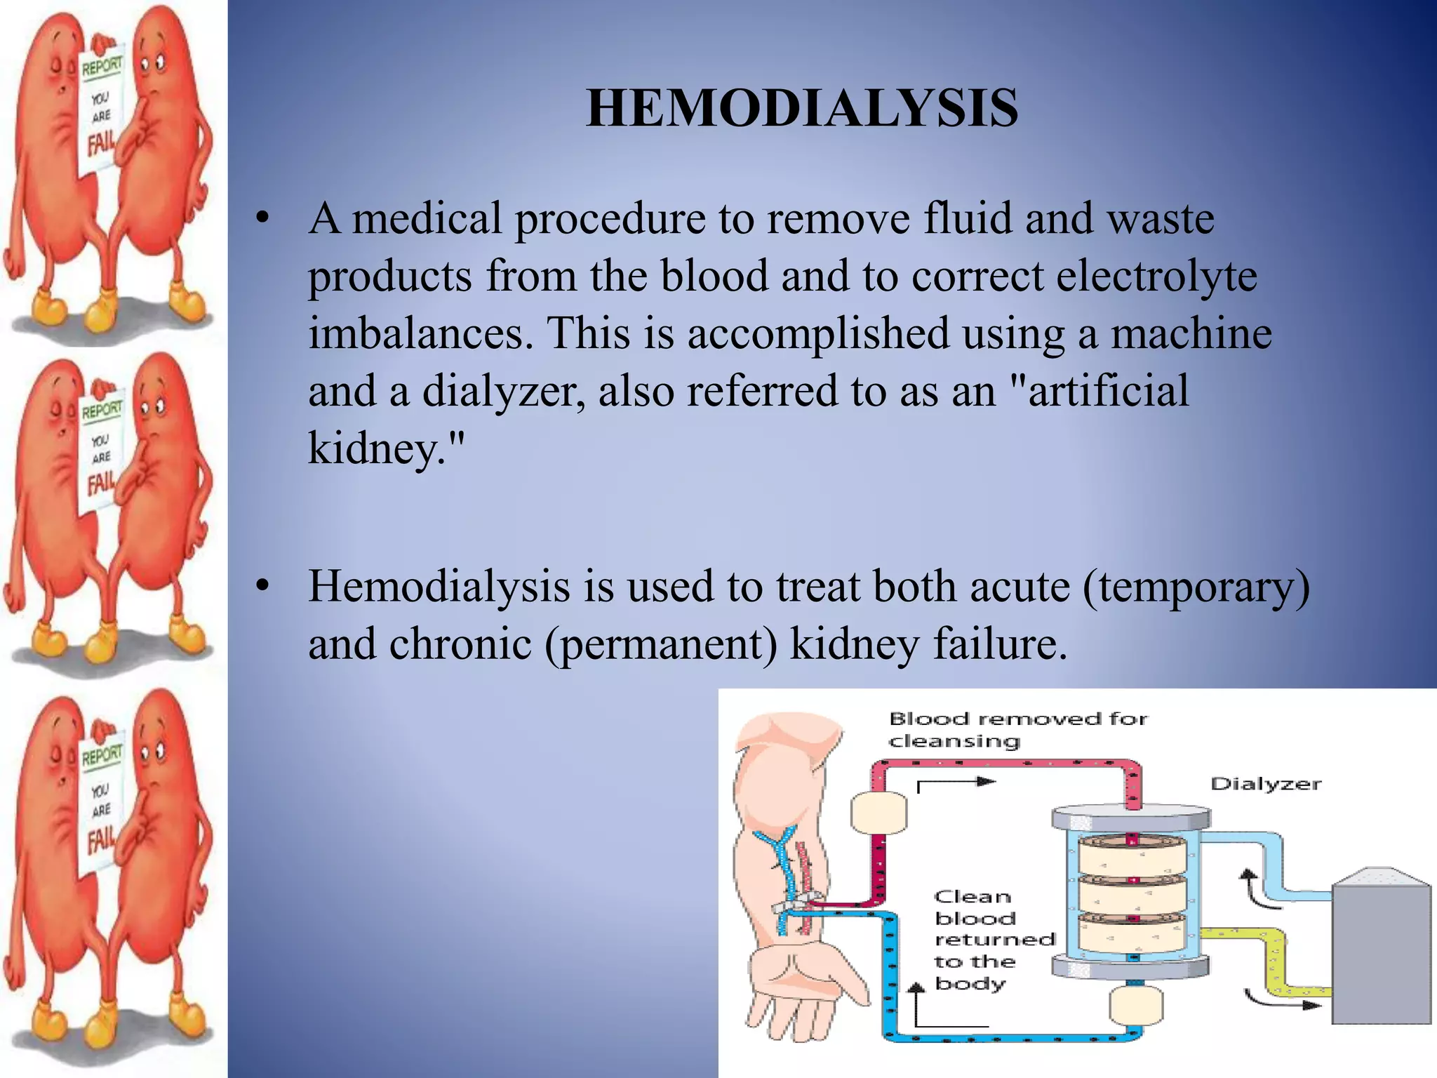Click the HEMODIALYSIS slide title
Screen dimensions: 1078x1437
click(x=802, y=109)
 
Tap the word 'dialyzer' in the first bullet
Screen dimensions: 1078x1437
click(x=503, y=391)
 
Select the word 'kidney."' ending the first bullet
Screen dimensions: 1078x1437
click(x=386, y=448)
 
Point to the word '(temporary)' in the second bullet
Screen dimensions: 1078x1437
click(x=1196, y=587)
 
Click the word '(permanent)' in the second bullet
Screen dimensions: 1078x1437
click(x=661, y=644)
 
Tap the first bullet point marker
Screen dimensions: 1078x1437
click(x=262, y=218)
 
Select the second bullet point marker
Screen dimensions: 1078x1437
click(x=262, y=586)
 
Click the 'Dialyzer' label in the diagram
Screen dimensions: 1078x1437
click(x=1265, y=784)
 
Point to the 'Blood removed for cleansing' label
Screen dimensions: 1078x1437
click(x=1017, y=730)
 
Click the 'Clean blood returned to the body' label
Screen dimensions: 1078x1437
click(x=994, y=940)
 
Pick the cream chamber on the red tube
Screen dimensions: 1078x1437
click(x=878, y=813)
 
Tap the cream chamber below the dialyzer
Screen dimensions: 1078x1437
click(x=1136, y=1005)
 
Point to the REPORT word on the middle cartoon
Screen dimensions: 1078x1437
click(x=102, y=409)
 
